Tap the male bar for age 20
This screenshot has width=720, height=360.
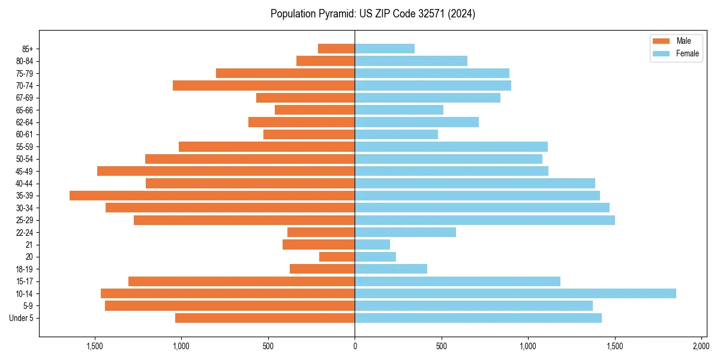(337, 257)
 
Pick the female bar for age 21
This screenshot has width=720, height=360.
(372, 245)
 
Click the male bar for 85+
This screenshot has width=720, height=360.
(336, 49)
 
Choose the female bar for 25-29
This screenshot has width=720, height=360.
(484, 220)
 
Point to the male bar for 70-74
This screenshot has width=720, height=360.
(263, 86)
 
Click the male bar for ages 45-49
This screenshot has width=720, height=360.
(226, 171)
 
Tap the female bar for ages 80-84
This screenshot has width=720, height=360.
(410, 61)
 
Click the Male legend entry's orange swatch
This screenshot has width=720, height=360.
(661, 41)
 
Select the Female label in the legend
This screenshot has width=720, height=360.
(687, 53)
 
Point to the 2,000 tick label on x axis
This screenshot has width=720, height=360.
(701, 346)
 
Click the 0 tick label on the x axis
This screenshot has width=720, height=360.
(355, 346)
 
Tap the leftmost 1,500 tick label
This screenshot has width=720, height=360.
(95, 346)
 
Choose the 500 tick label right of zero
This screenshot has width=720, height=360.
(441, 346)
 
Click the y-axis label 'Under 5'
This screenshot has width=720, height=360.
(22, 318)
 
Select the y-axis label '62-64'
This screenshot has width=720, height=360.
(25, 122)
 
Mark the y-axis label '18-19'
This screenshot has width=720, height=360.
(25, 269)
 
